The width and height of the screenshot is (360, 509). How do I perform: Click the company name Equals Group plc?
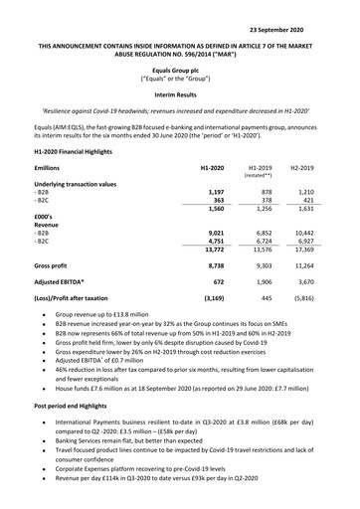tap(180, 66)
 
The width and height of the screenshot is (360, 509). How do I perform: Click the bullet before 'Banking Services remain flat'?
tap(43, 469)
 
